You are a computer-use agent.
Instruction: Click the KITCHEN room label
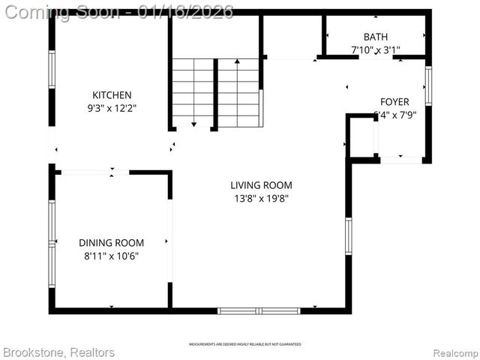coord(112,95)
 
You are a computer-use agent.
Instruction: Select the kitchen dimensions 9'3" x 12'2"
coord(112,108)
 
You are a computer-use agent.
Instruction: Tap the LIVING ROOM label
coord(261,185)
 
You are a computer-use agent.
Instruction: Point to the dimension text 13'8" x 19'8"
coord(261,199)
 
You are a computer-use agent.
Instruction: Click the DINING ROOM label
coord(111,242)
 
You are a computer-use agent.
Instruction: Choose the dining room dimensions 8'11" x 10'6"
coord(111,256)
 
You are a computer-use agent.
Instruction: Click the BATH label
coord(376,37)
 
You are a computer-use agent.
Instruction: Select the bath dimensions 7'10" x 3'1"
coord(376,49)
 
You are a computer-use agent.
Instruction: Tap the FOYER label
coord(394,102)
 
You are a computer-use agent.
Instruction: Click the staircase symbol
coord(215,91)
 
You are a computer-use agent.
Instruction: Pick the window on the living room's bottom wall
coord(259,310)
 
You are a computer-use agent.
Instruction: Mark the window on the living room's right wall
coord(348,236)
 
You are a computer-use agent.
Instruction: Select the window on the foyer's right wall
coord(427,86)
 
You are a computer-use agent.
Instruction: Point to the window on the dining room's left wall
coord(52,244)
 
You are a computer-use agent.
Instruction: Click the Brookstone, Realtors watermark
coord(58,352)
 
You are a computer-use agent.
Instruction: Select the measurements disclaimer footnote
coord(244,344)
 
